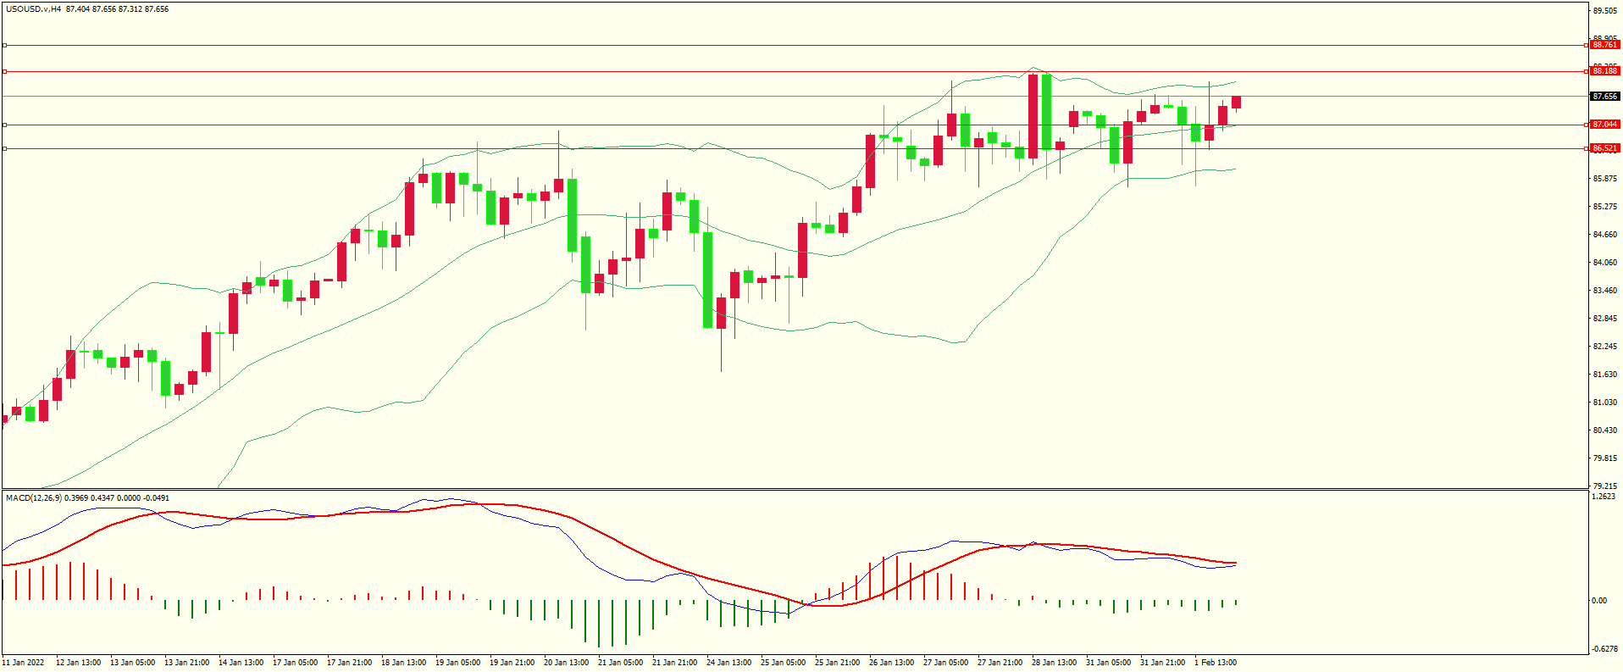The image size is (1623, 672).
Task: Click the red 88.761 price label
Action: pos(1604,45)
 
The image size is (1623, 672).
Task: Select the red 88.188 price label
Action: pos(1604,71)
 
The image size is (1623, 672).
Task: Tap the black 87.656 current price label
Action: pos(1604,97)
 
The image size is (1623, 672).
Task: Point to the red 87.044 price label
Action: pos(1604,125)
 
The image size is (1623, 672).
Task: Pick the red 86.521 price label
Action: pos(1604,148)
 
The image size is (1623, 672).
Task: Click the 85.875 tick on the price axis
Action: pos(1604,179)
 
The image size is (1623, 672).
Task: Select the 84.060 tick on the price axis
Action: pos(1604,263)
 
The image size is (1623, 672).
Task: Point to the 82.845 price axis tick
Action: pos(1604,319)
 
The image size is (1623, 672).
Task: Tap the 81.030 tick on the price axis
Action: pos(1604,403)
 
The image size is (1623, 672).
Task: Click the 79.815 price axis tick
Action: pos(1604,458)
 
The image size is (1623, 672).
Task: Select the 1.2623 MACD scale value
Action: pos(1604,497)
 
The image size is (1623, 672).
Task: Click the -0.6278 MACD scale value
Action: pos(1604,649)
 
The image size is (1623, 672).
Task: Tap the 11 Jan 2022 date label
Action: pos(24,663)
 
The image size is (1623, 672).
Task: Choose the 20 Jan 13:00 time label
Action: pos(566,663)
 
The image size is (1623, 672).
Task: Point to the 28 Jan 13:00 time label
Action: pos(1054,663)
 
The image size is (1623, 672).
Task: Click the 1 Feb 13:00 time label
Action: pos(1216,663)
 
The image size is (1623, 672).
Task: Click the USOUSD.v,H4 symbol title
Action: pos(33,9)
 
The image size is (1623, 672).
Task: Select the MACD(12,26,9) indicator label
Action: pos(34,498)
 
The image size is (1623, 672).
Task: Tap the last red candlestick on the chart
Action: pos(1237,103)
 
